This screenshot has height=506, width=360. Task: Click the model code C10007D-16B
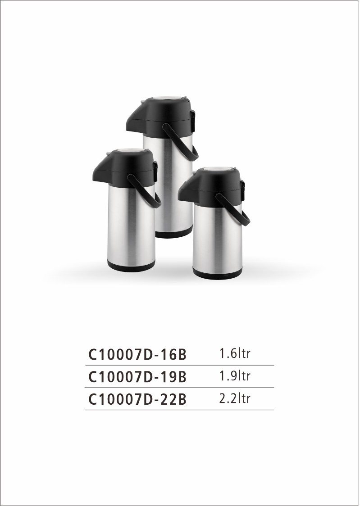click(137, 354)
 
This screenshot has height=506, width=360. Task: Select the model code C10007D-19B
click(137, 377)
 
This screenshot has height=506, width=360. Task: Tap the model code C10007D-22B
click(137, 399)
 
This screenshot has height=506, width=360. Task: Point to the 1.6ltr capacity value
click(235, 353)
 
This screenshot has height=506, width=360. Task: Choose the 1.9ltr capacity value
click(235, 375)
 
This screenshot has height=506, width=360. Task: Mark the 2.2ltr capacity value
click(235, 398)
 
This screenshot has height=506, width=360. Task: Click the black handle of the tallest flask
click(181, 142)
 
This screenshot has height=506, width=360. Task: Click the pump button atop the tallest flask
click(167, 98)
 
